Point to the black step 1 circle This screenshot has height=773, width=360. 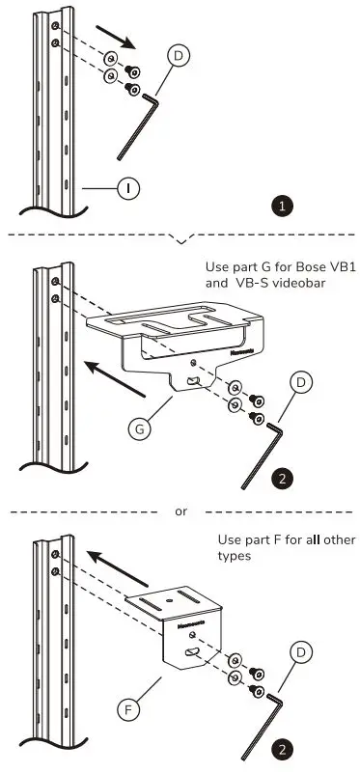(x=282, y=206)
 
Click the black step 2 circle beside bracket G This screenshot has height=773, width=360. (x=282, y=477)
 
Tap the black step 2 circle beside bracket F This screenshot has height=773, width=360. (x=282, y=748)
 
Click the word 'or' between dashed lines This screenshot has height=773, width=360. (x=180, y=511)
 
